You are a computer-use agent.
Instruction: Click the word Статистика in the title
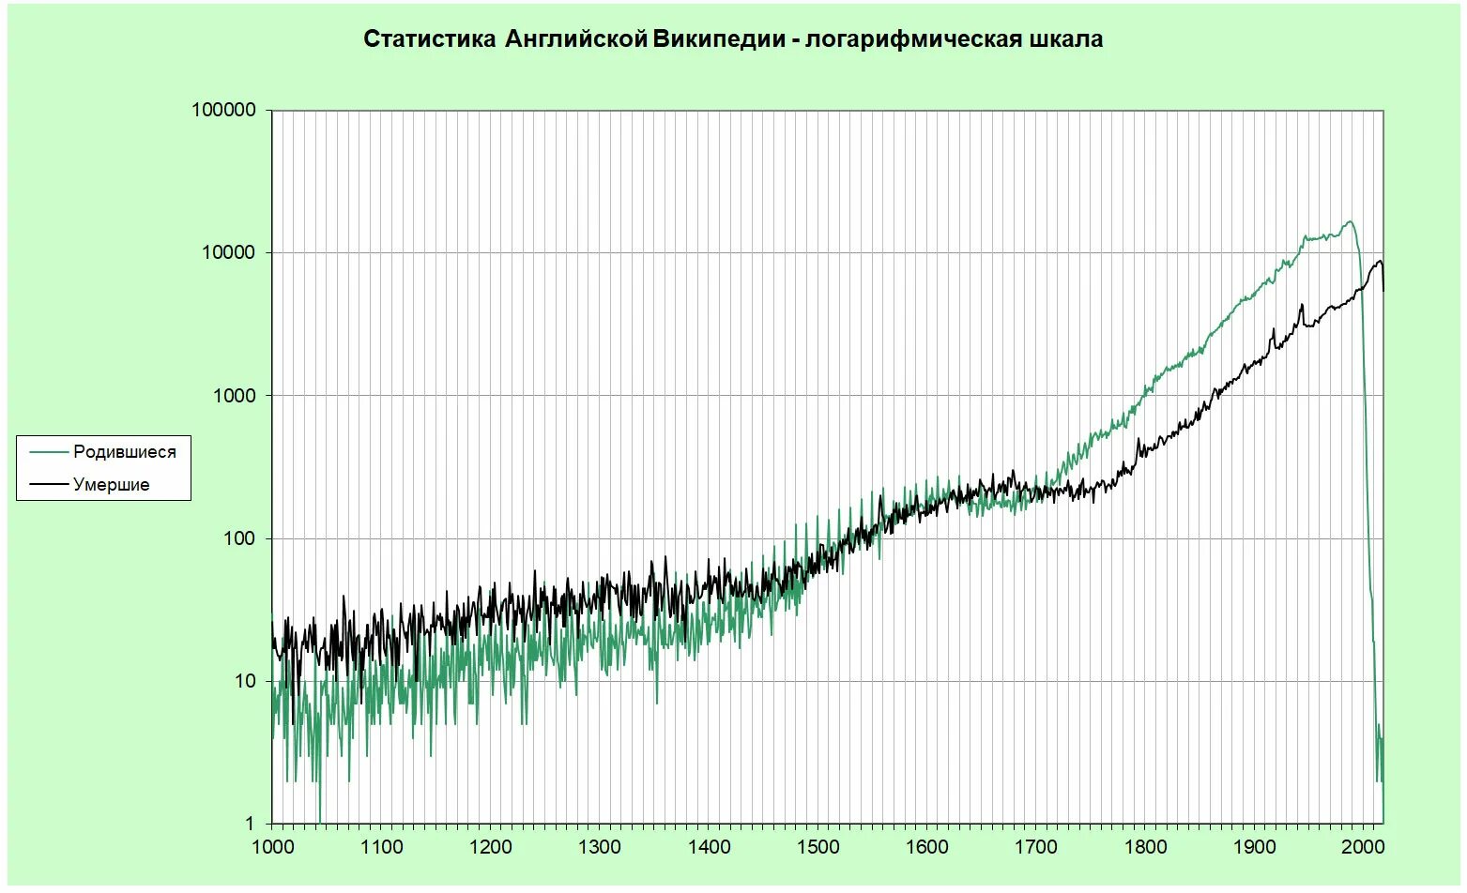coord(429,39)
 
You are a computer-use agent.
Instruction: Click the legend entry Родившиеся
coord(124,452)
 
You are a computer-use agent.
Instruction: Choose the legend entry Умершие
coord(111,485)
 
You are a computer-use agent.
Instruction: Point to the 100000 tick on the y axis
coord(223,110)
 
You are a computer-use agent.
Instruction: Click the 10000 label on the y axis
coord(229,253)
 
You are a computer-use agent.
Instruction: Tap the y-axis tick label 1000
coord(234,396)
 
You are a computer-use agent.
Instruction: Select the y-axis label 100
coord(239,538)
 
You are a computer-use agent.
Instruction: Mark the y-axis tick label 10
coord(245,681)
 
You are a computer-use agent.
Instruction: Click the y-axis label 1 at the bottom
coord(250,824)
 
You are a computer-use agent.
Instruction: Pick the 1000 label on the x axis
coord(273,847)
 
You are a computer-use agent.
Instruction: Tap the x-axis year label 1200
coord(491,847)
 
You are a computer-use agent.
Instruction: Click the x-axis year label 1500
coord(818,847)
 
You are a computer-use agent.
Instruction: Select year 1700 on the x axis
coord(1036,847)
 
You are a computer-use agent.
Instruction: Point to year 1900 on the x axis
coord(1255,847)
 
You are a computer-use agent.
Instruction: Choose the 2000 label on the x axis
coord(1364,847)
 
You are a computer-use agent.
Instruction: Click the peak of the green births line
coord(1350,222)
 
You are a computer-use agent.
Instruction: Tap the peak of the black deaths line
coord(1380,262)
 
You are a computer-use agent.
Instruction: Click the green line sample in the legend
coord(48,452)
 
